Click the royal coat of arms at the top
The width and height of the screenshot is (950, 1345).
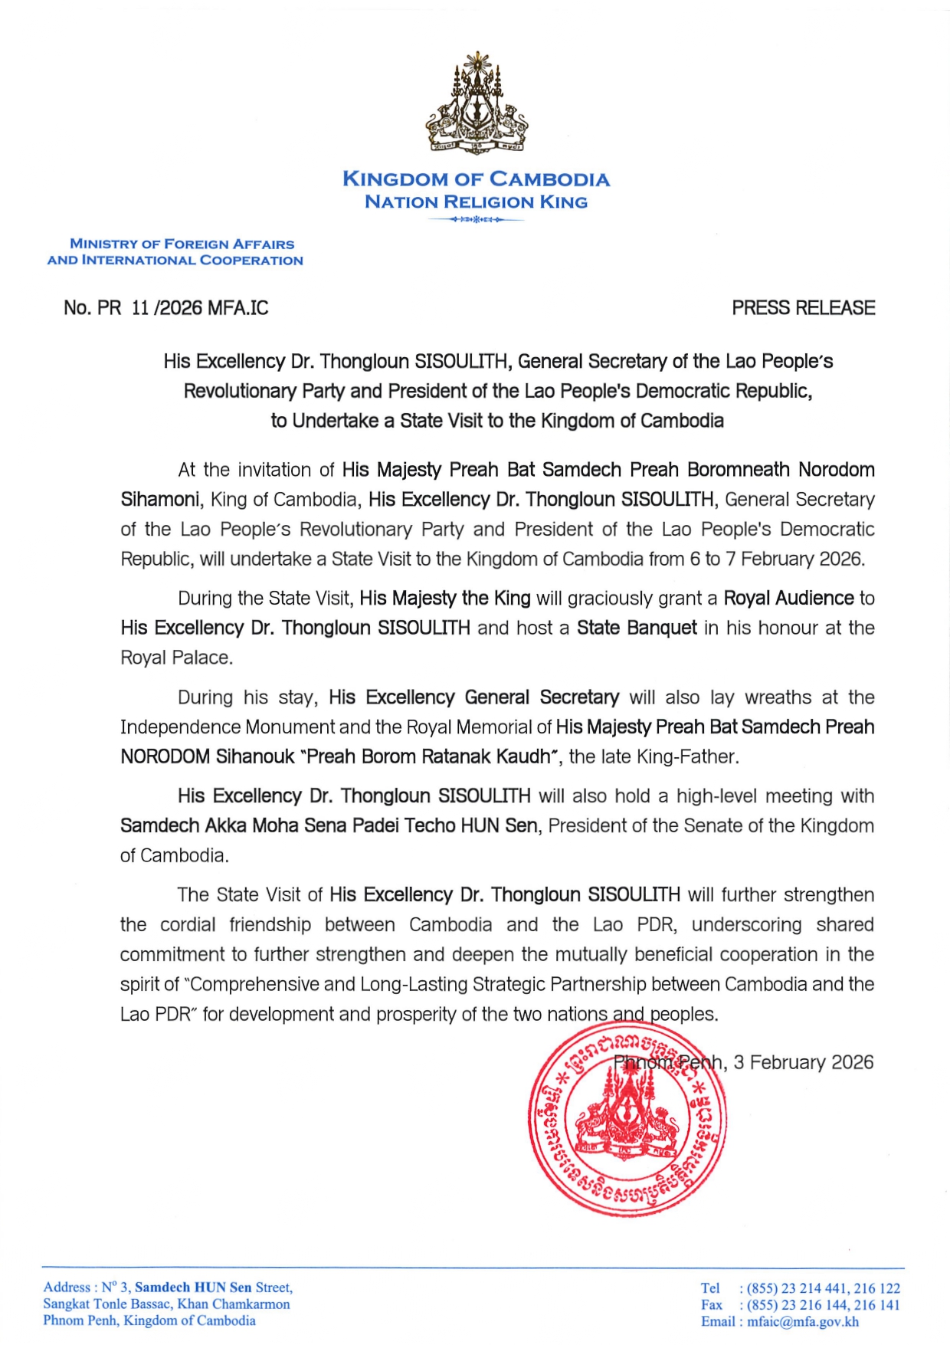pos(477,103)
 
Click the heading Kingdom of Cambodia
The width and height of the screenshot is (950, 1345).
pos(476,179)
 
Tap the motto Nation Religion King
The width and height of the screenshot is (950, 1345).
pos(476,202)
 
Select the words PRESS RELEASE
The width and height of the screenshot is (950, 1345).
pos(803,308)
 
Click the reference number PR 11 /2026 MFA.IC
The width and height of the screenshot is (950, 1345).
pos(166,308)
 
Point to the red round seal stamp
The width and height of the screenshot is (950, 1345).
pos(627,1122)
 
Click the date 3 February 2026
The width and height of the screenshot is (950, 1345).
pos(803,1062)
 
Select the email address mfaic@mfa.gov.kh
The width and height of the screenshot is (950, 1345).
pos(803,1321)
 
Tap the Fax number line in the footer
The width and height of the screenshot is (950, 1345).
pos(800,1305)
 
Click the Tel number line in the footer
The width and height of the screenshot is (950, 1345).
pos(800,1288)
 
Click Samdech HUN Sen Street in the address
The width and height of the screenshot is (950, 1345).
pos(213,1288)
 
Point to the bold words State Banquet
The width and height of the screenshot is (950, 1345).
pos(637,628)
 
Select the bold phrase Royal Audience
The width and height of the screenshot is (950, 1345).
pos(788,599)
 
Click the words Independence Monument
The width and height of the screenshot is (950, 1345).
pos(227,727)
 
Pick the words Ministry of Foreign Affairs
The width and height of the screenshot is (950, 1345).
pos(182,244)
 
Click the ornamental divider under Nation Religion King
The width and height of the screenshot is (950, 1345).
pos(476,220)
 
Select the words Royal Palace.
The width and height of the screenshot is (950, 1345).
pos(175,658)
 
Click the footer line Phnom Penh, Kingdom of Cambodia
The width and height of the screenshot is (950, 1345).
pos(149,1320)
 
